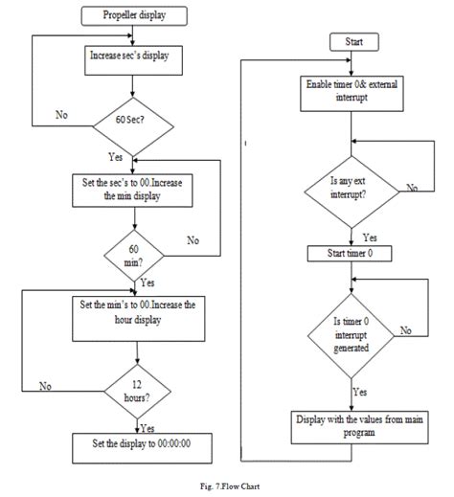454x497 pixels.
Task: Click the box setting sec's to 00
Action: (x=131, y=190)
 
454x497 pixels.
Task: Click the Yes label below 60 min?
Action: (x=148, y=283)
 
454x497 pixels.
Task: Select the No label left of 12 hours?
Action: (x=44, y=387)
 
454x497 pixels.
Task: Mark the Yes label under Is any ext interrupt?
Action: (x=369, y=237)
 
